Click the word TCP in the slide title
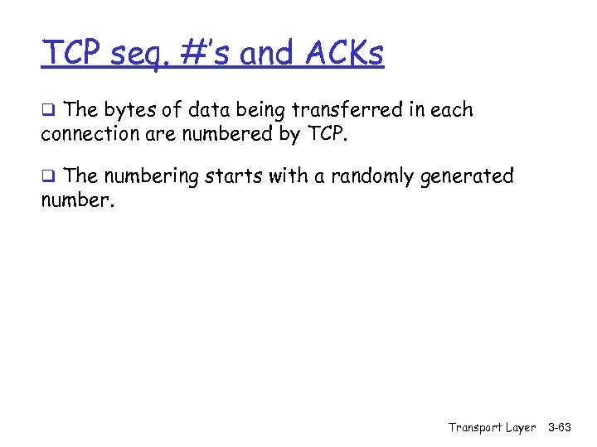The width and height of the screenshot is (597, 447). click(x=73, y=54)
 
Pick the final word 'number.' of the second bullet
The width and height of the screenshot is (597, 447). click(x=77, y=199)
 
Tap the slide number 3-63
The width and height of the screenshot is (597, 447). click(x=561, y=428)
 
